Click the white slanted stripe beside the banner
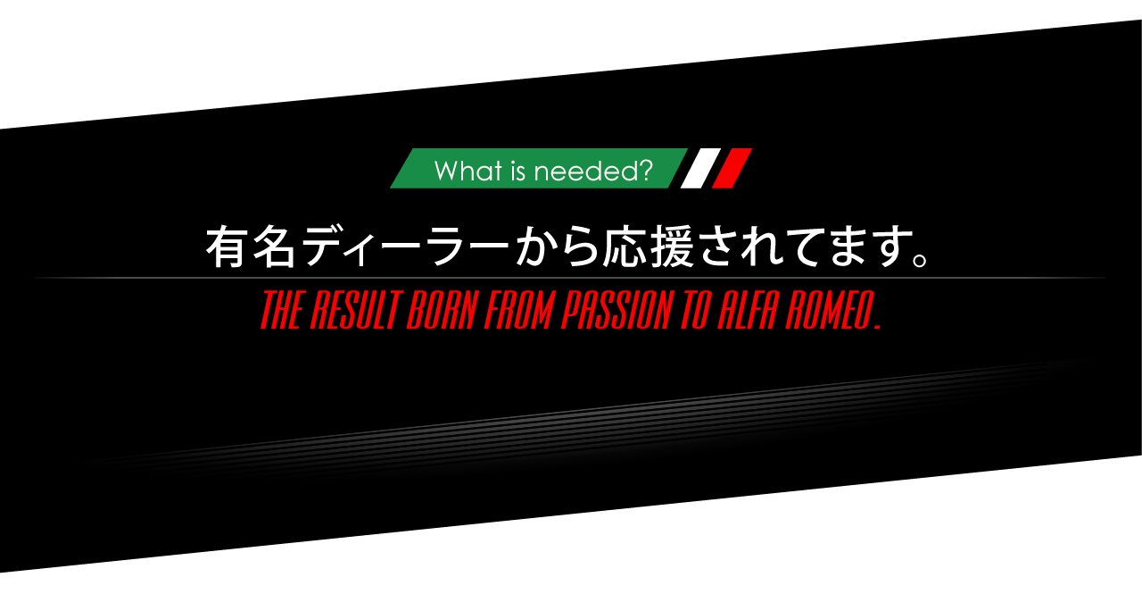pos(701,168)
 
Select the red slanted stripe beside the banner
pos(732,168)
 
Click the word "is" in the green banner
pos(519,170)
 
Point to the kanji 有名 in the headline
pos(252,247)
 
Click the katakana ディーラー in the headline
pos(406,247)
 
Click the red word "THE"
pos(281,311)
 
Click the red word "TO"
pos(696,311)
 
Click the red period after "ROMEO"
pos(878,327)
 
